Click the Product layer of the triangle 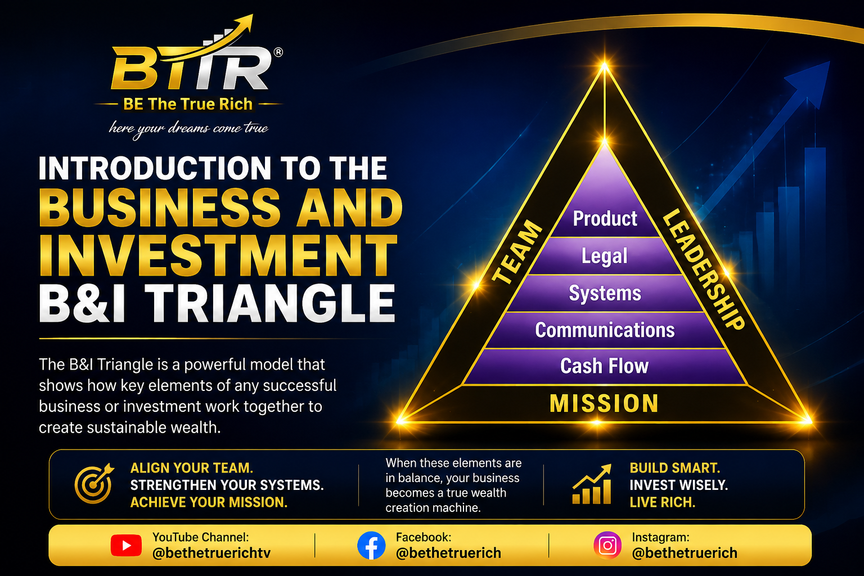tap(605, 218)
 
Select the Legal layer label tap(605, 256)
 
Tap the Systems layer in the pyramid tap(605, 293)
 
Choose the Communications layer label tap(605, 330)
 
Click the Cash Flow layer tap(605, 366)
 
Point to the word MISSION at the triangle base tap(604, 403)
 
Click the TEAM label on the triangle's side tap(517, 253)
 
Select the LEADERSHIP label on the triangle tap(703, 269)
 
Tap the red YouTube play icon tap(126, 545)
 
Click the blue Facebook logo tap(371, 546)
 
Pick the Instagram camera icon tap(607, 546)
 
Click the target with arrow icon tap(94, 483)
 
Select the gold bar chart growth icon tap(592, 484)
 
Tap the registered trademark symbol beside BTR tap(278, 52)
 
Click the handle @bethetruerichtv tap(211, 553)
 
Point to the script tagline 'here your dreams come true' tap(188, 128)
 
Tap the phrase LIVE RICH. tap(662, 502)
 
